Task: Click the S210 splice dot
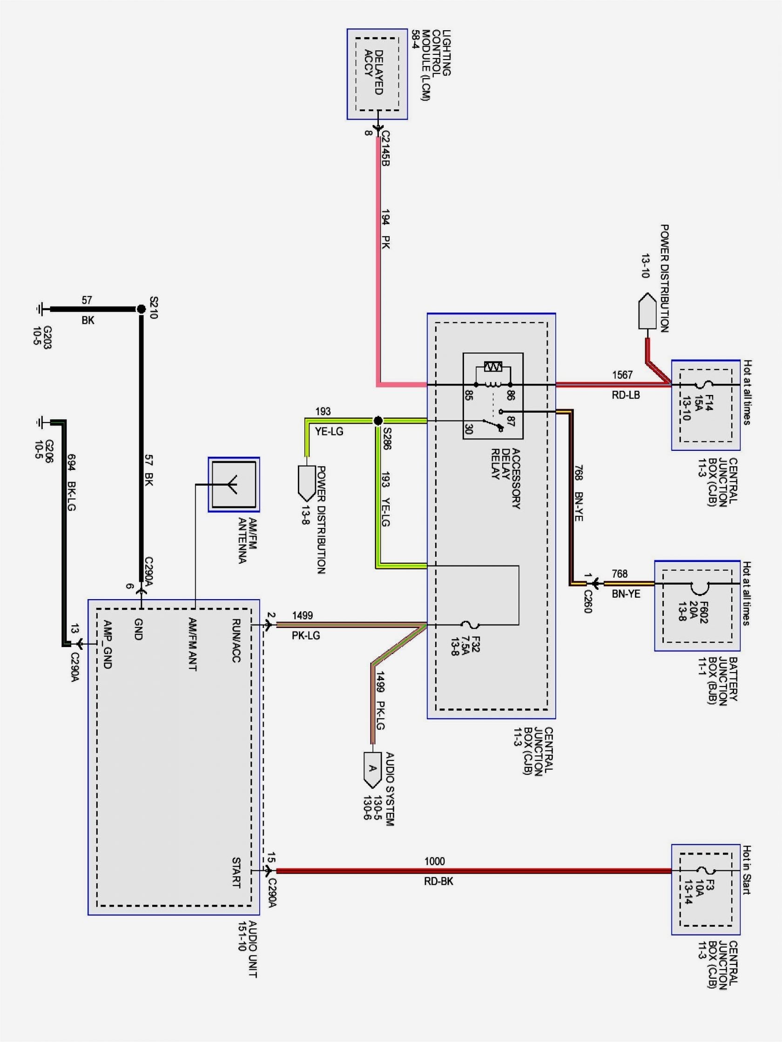[141, 309]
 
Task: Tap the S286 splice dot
[378, 421]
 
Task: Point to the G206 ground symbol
[39, 422]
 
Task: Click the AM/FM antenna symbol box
[234, 484]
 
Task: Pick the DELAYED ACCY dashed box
[377, 74]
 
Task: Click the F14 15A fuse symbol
[706, 384]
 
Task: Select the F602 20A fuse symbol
[697, 584]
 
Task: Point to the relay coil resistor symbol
[493, 367]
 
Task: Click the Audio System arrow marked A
[372, 771]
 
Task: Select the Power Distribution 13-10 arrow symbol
[647, 310]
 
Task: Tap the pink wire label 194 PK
[385, 229]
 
